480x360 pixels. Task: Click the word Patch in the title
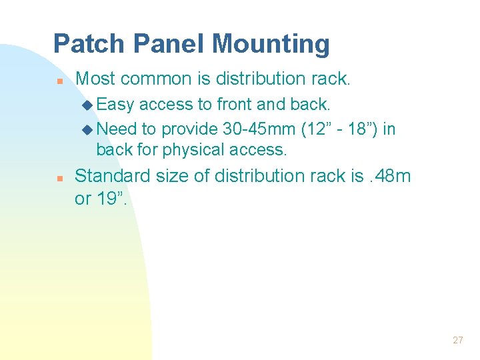(x=89, y=44)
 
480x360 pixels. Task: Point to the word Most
(x=96, y=79)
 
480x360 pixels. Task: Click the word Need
(x=117, y=128)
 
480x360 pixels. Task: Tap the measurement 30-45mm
(x=253, y=128)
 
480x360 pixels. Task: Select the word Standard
(x=113, y=176)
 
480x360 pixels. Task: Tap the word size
(x=173, y=176)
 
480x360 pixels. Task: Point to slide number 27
(x=457, y=340)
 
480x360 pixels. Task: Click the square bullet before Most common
(x=59, y=80)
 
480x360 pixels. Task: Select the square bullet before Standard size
(x=59, y=178)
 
